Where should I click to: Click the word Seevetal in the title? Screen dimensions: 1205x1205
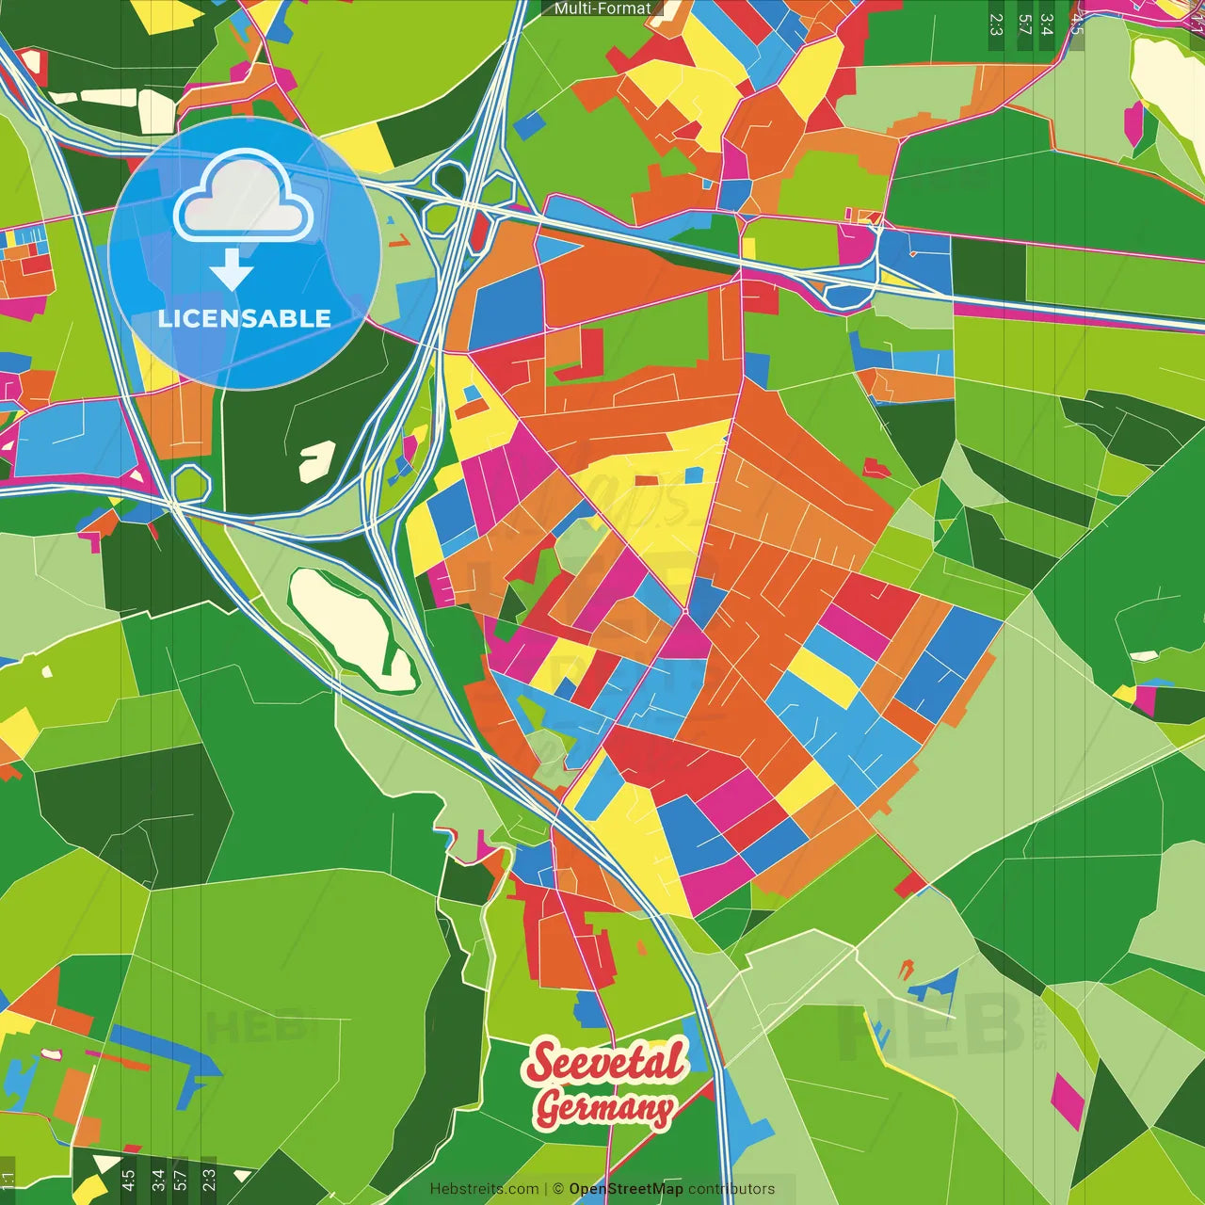point(607,1063)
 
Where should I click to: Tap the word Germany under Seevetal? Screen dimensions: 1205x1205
point(604,1108)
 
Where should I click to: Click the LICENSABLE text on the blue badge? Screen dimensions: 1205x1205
point(244,318)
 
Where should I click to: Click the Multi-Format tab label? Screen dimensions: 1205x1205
point(602,8)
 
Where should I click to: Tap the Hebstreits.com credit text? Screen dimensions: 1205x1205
point(484,1189)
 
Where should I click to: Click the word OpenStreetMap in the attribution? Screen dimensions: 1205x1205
point(626,1189)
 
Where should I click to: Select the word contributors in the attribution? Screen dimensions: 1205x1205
point(731,1189)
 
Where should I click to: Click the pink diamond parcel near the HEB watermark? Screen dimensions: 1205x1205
point(1068,1100)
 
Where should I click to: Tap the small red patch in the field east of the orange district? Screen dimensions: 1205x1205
point(875,467)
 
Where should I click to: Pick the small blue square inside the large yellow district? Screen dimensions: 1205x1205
point(694,474)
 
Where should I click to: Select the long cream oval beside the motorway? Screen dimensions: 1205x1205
point(350,628)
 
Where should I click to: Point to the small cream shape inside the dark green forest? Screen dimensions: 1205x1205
point(316,461)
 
